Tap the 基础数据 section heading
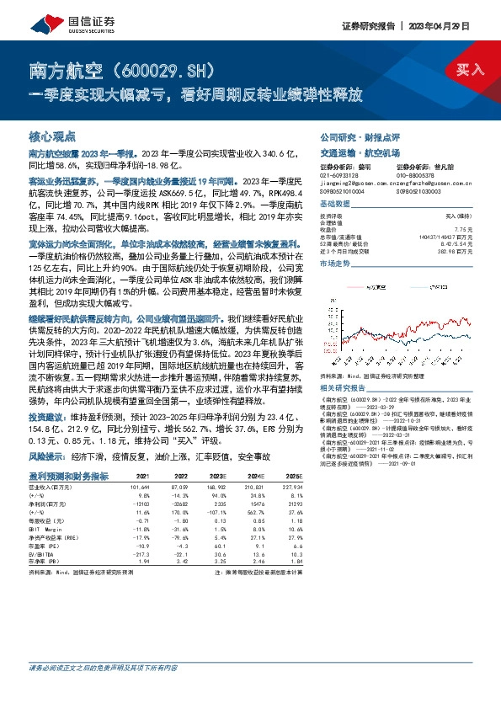(334, 204)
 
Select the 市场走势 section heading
(334, 264)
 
